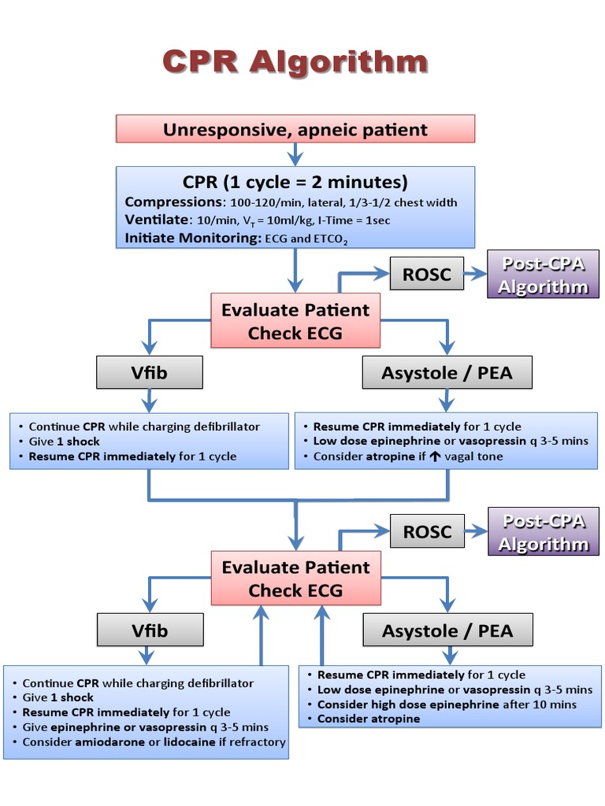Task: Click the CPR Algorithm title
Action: (x=295, y=61)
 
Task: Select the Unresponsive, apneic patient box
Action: (x=295, y=129)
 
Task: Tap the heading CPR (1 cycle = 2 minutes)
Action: (x=295, y=183)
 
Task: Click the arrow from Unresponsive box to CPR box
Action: (x=295, y=154)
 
